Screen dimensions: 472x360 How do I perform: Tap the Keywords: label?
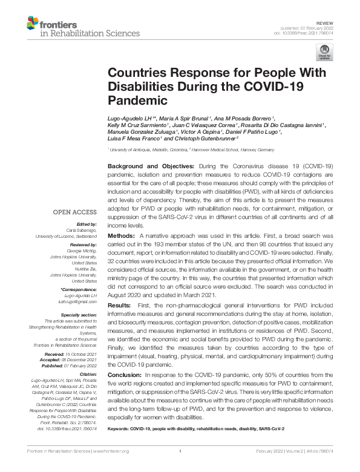122,428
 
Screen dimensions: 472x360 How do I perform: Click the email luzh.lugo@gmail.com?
79,301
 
